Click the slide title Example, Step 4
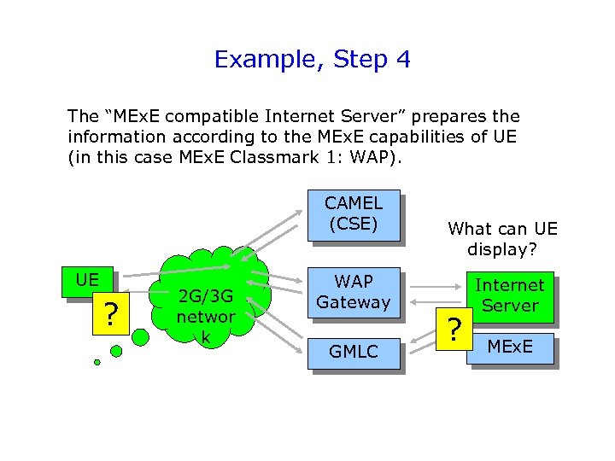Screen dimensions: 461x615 (x=312, y=59)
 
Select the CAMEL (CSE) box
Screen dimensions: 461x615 (x=353, y=213)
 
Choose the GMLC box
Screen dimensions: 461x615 (x=353, y=350)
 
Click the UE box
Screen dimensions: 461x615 (x=86, y=280)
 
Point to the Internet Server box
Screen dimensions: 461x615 (x=509, y=295)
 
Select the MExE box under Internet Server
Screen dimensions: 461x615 (x=509, y=347)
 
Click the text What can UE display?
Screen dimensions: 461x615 (x=501, y=239)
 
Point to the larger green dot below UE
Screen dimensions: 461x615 (x=116, y=349)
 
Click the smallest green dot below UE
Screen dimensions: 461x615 (x=97, y=362)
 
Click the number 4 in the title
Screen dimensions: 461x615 (x=403, y=59)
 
